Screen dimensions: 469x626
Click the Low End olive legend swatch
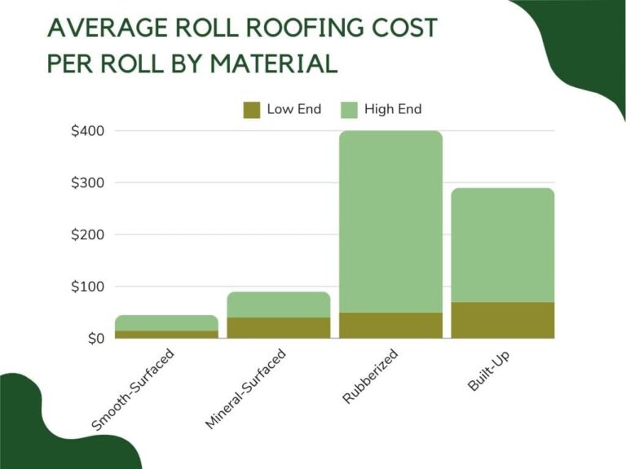pos(251,110)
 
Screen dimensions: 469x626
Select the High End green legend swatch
pos(348,110)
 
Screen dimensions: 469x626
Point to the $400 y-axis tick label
pos(86,131)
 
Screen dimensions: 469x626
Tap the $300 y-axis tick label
pos(86,183)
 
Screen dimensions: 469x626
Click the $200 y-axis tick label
pos(86,235)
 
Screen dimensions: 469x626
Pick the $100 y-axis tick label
pos(86,287)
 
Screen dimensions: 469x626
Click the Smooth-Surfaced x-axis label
pos(134,389)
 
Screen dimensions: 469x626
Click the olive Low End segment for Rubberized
pos(390,325)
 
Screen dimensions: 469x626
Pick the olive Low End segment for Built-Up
pos(502,320)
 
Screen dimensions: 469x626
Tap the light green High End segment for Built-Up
pos(502,245)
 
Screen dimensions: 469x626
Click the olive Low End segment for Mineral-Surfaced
pos(279,327)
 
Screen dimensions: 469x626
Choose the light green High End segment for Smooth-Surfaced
pos(166,322)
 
